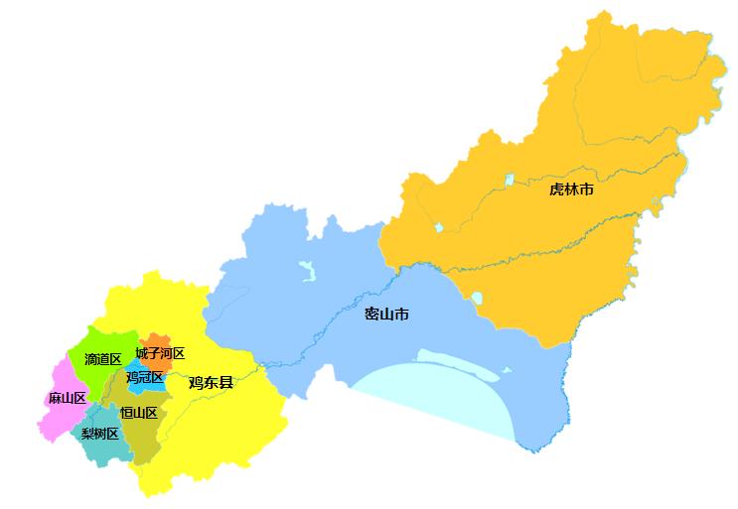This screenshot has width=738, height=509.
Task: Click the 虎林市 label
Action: [x=571, y=189]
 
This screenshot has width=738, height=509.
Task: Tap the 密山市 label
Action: [x=386, y=315]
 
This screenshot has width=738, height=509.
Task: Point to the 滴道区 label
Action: [x=102, y=358]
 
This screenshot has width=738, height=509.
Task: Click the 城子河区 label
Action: [x=160, y=353]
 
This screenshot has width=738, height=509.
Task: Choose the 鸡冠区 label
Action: [x=144, y=377]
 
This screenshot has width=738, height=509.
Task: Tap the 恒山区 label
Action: [x=138, y=413]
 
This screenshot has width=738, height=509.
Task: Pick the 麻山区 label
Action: [x=67, y=398]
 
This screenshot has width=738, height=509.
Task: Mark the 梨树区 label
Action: [x=99, y=434]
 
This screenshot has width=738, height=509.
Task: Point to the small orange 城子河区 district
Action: [x=157, y=340]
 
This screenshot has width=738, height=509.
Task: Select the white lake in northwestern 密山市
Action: [x=306, y=270]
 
